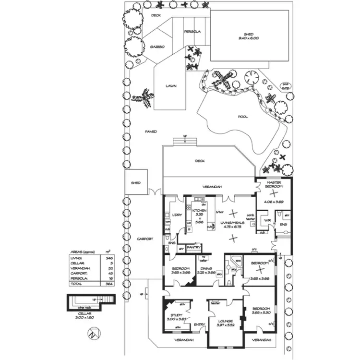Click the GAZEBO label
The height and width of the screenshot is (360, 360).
click(x=157, y=47)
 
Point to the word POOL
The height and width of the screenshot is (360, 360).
click(x=243, y=117)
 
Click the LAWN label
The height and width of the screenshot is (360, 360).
click(x=171, y=86)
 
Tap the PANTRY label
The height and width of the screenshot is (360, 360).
click(x=193, y=247)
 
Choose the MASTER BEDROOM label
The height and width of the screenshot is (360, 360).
click(x=272, y=183)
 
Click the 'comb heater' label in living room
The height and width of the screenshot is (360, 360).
click(x=250, y=217)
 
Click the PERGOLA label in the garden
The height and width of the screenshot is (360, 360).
click(x=192, y=32)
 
